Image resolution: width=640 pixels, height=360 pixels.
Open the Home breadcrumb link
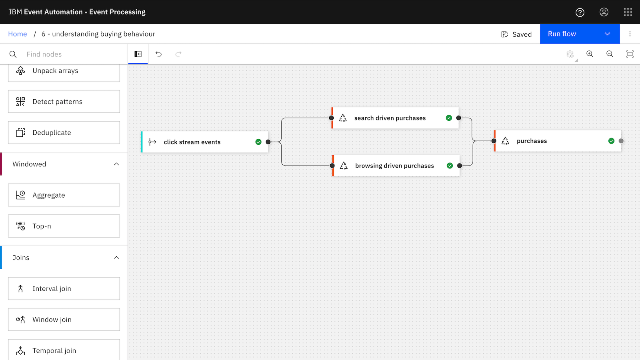point(18,34)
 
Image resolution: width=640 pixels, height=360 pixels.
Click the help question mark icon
point(580,12)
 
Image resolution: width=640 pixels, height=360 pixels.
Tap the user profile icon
point(604,12)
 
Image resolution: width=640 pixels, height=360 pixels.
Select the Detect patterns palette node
point(64,102)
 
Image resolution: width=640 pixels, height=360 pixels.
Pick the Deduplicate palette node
point(64,132)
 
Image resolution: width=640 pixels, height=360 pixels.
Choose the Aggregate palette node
point(64,195)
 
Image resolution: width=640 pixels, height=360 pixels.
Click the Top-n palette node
point(64,226)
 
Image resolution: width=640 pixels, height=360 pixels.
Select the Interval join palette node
point(64,288)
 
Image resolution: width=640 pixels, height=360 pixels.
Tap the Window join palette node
point(64,320)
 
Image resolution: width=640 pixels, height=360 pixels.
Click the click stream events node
point(204,142)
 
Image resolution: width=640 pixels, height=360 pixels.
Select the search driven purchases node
point(395,118)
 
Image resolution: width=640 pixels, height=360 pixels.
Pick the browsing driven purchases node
point(396,166)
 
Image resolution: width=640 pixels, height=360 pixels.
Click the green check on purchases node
point(611,141)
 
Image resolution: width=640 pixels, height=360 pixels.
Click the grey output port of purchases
point(621,141)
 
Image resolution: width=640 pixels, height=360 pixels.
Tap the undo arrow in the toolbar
point(158,54)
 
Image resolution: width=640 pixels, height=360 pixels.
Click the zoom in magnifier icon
point(590,54)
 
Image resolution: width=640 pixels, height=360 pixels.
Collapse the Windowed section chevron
point(116,164)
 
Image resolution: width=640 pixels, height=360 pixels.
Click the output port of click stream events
point(268,142)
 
